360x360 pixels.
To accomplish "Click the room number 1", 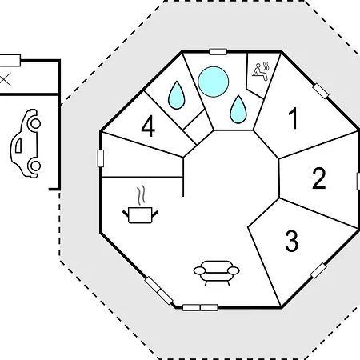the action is (294, 118).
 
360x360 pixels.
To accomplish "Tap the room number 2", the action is (319, 178).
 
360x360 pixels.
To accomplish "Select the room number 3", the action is (292, 242).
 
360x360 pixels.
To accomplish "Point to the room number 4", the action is (148, 127).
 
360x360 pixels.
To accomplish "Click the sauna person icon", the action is (259, 72).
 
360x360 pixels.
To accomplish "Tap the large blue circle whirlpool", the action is (214, 82).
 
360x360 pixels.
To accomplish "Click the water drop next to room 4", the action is (176, 95).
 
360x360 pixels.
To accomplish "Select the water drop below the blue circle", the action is (238, 110).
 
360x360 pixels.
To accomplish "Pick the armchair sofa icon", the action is (217, 274).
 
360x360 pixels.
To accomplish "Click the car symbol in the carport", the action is (26, 143).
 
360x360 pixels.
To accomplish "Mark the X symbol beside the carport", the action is (5, 79).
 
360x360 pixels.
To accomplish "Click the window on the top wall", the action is (218, 51).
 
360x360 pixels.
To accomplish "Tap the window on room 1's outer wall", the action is (321, 91).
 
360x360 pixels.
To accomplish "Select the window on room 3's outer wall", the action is (318, 271).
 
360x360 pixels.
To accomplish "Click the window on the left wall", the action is (101, 158).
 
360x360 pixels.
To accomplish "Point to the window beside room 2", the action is (358, 181).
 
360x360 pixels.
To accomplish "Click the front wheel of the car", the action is (35, 124).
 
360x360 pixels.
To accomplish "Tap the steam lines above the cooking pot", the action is (142, 195).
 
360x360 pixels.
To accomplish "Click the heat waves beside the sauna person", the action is (266, 66).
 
